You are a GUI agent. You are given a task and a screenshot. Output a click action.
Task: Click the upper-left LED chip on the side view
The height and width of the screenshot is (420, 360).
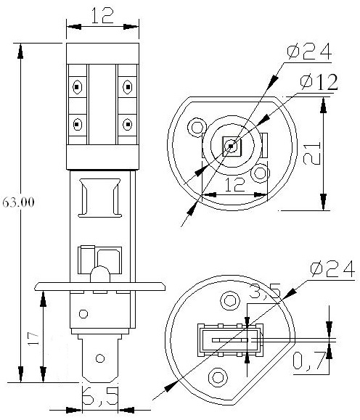[76, 88]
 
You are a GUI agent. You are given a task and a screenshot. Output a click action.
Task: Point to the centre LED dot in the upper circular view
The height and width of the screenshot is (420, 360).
[230, 147]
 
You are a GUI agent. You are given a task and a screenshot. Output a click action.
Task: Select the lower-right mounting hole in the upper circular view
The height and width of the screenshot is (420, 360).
[258, 174]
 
